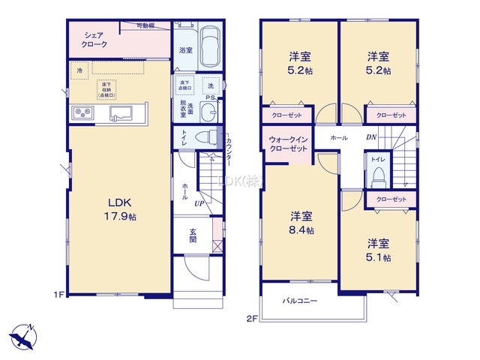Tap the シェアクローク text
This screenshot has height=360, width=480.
(x=94, y=40)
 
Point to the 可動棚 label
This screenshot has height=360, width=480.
(x=147, y=27)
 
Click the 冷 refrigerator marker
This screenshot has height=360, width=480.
(x=79, y=70)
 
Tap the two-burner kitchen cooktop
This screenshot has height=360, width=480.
(x=82, y=113)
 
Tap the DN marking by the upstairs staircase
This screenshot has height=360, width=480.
(x=371, y=138)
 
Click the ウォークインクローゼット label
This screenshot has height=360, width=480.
(x=289, y=144)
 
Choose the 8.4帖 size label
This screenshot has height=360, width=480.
(x=303, y=229)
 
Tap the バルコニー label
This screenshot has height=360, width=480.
(x=300, y=301)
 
